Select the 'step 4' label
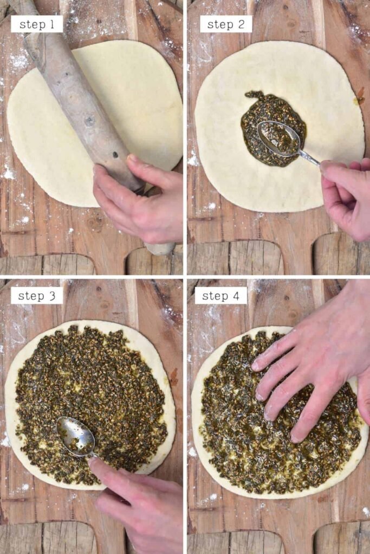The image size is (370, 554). (x=221, y=295)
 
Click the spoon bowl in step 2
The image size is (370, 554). (x=278, y=138)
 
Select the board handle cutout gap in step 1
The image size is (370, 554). (x=111, y=264)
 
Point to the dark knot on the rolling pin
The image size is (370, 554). (x=89, y=120)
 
